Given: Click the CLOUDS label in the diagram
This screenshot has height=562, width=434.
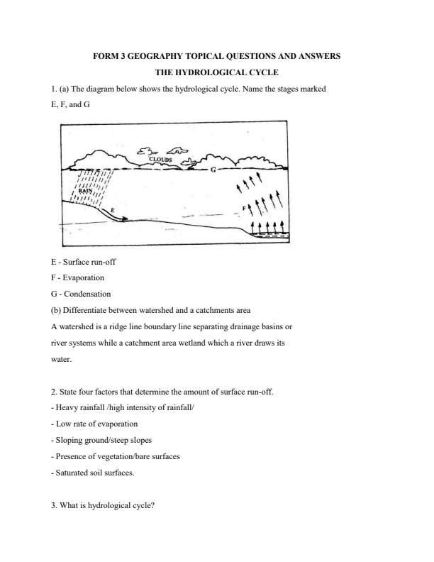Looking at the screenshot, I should coord(161,160).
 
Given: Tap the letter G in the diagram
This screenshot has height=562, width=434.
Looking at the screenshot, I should coord(213,170).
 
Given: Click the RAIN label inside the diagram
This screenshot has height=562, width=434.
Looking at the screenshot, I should coord(85,191).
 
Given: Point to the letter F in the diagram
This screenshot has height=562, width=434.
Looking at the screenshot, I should coord(244,208).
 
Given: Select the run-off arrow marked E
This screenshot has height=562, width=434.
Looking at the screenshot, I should coord(106,211).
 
